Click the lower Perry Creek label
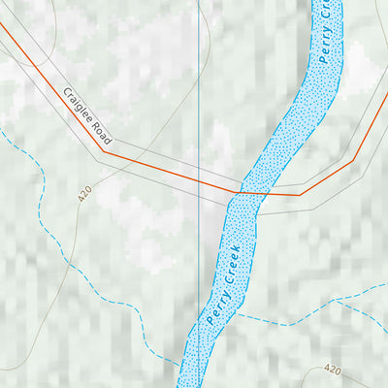223,281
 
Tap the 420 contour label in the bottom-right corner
334,370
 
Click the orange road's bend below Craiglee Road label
104,150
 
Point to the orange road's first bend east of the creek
300,195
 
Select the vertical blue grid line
199,97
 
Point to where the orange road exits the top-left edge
2,25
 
